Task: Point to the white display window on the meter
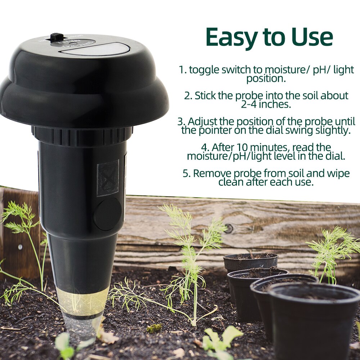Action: click(x=95, y=49)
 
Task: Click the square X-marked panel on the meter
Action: click(x=108, y=178)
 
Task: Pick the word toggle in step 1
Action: click(x=204, y=70)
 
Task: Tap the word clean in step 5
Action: click(x=231, y=182)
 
